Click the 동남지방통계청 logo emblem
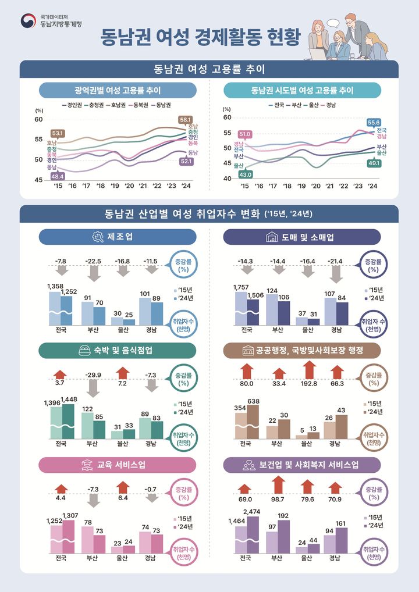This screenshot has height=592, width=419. (x=27, y=22)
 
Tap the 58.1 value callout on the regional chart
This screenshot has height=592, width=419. (x=186, y=119)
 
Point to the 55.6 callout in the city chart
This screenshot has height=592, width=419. (x=374, y=122)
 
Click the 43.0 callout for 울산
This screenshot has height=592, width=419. (x=246, y=174)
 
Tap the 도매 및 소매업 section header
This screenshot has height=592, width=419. (x=302, y=237)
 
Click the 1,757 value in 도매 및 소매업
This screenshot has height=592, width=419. (x=240, y=287)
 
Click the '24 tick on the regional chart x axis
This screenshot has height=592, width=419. (x=186, y=186)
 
